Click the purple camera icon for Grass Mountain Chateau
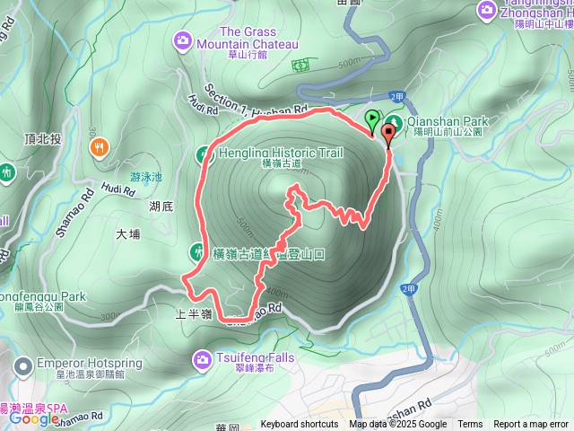click(x=183, y=39)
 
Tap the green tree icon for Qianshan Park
click(x=394, y=124)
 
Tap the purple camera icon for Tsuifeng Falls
click(x=201, y=360)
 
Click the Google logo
click(x=35, y=418)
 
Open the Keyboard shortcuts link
click(x=300, y=425)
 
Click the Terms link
click(x=470, y=425)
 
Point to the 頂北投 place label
click(x=42, y=139)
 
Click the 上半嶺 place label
click(x=193, y=313)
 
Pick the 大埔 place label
click(x=128, y=235)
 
